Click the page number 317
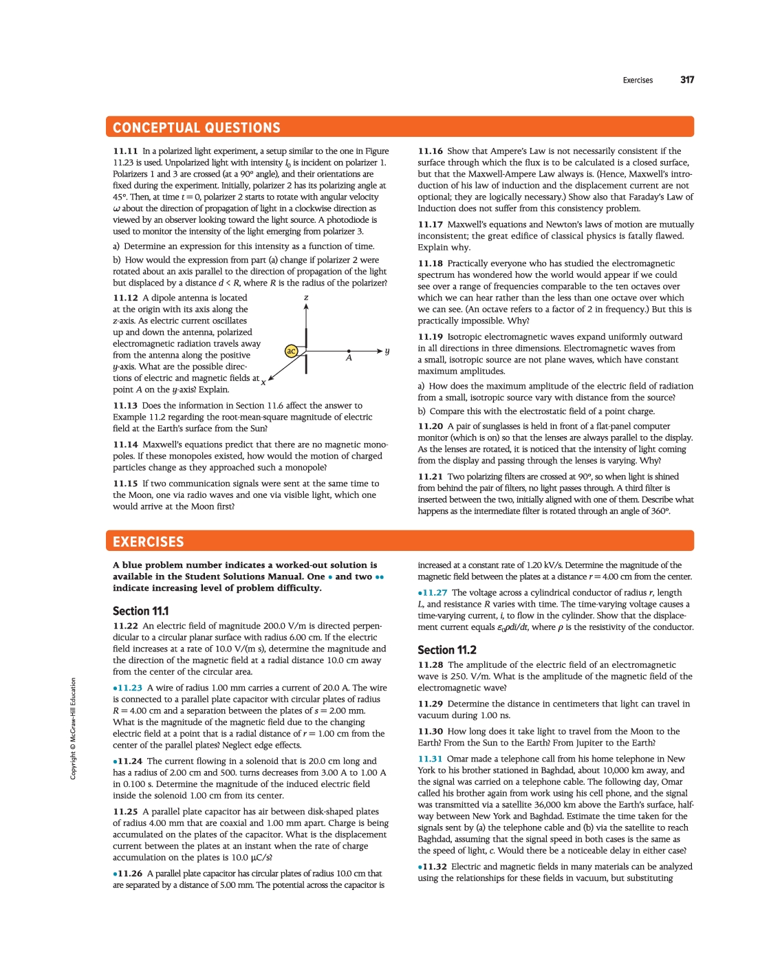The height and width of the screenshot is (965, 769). (x=687, y=80)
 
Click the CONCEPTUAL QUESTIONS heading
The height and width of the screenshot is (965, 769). (x=197, y=128)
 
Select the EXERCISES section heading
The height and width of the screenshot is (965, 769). (x=149, y=542)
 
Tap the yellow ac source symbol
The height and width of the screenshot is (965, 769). (x=291, y=351)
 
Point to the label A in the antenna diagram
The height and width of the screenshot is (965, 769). (x=349, y=358)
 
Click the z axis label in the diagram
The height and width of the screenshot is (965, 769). (x=306, y=297)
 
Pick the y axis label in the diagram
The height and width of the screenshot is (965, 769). (x=387, y=351)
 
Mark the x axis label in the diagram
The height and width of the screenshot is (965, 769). (x=263, y=382)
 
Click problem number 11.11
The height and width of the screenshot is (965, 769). (x=125, y=151)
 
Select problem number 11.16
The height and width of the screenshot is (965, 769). (x=430, y=151)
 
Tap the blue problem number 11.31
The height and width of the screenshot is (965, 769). (x=430, y=759)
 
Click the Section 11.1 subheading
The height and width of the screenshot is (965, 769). (x=140, y=611)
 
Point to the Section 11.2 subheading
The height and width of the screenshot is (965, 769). (x=446, y=650)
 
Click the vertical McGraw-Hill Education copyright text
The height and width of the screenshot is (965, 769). (x=73, y=728)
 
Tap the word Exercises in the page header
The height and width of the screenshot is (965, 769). (x=638, y=80)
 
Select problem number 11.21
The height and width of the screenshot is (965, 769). (x=430, y=477)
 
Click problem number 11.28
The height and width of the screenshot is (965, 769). (x=430, y=665)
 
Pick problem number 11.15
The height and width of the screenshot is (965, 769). (x=125, y=484)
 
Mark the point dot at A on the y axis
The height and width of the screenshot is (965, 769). (x=349, y=351)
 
